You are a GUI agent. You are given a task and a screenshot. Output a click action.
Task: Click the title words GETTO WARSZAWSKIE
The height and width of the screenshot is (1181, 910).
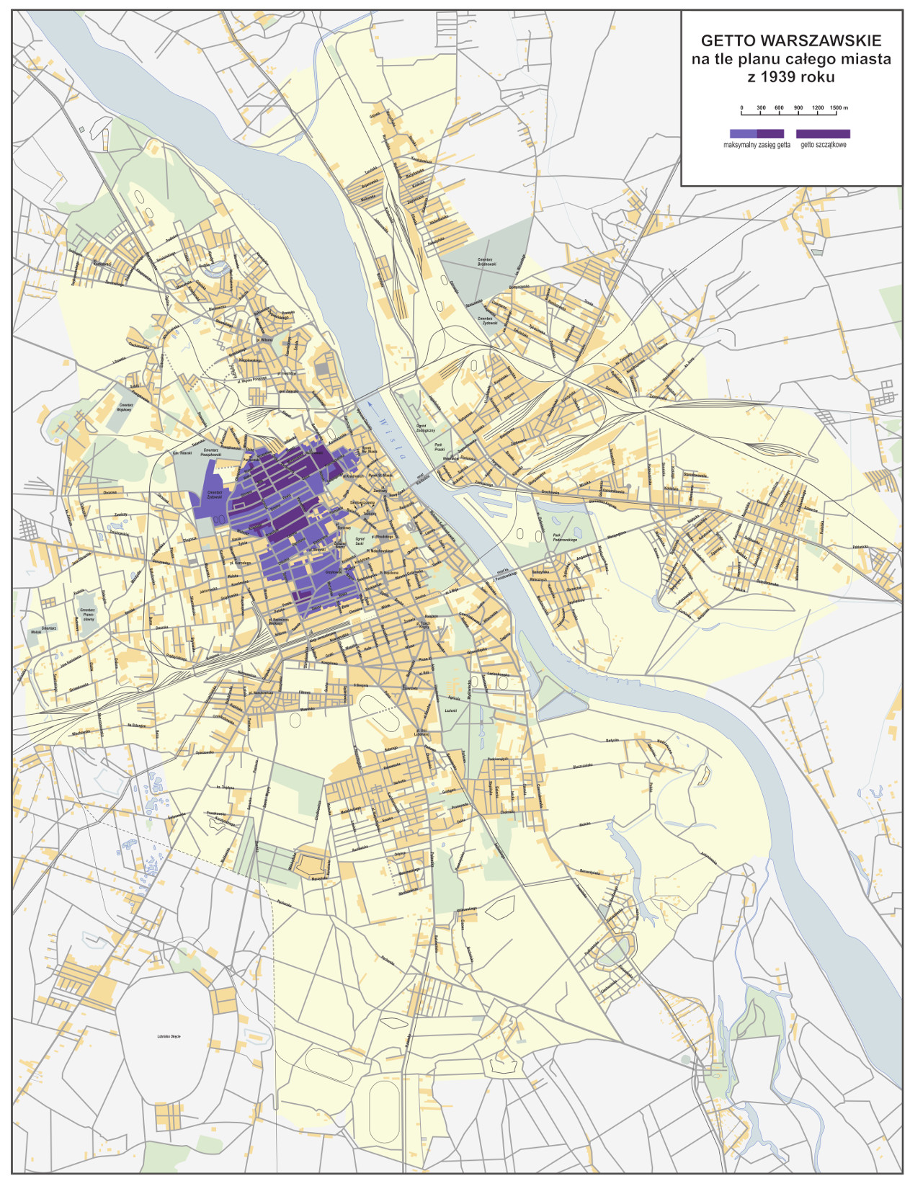[x=791, y=40]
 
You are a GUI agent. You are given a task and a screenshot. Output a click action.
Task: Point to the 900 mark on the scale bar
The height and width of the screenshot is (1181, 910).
[x=798, y=108]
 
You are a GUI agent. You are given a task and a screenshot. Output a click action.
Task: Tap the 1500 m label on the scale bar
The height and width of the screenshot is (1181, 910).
[x=839, y=108]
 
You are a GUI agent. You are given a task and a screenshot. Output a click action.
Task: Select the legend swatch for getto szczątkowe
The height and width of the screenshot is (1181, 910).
[x=823, y=134]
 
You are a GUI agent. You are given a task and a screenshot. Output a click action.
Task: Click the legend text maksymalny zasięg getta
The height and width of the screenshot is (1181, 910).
[x=757, y=145]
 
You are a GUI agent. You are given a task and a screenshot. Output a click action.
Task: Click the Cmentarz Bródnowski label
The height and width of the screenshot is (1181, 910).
[x=485, y=262]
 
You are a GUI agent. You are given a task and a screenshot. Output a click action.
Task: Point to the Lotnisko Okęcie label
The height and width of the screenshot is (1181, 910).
[x=169, y=1036]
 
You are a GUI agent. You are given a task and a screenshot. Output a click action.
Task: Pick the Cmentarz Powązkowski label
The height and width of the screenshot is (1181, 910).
[x=211, y=453]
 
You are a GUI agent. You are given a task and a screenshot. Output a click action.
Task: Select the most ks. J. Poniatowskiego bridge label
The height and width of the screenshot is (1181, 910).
[x=505, y=574]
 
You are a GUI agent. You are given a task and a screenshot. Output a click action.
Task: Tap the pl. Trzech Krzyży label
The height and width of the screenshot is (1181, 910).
[x=423, y=625]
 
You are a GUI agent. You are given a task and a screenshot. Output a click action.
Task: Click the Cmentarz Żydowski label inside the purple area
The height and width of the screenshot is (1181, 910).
[x=214, y=494]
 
